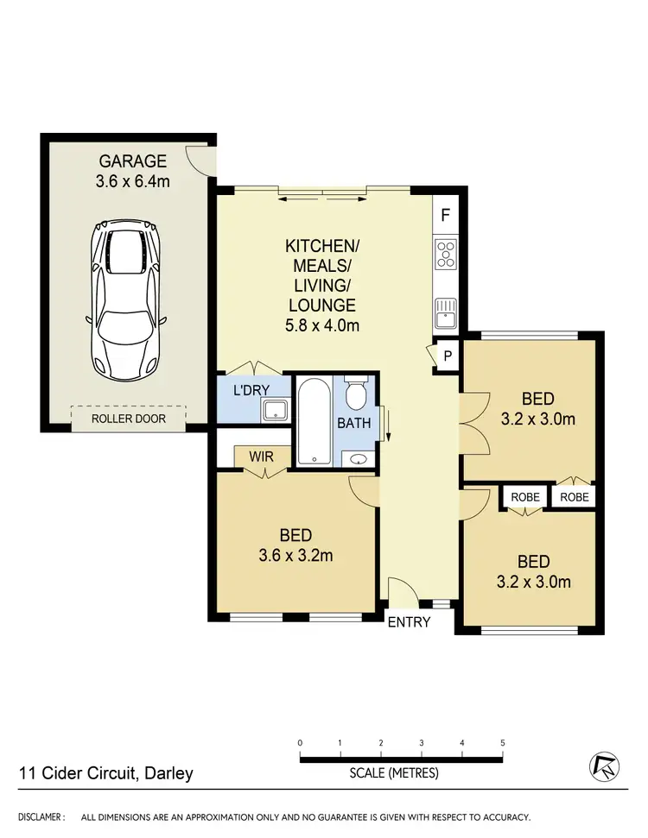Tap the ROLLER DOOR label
129,419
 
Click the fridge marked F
446,214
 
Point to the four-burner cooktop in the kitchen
447,255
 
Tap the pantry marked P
448,355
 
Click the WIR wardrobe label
262,455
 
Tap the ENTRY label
409,621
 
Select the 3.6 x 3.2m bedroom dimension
296,555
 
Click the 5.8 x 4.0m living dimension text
321,325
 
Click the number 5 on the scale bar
502,742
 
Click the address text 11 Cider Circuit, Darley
106,773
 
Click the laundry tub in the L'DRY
275,410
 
